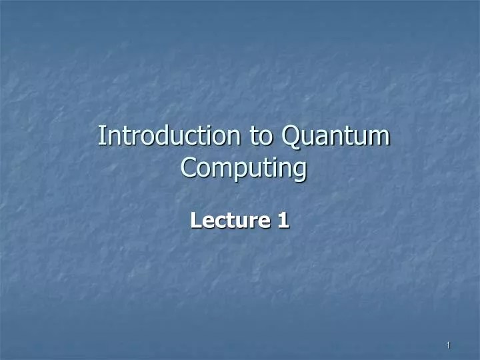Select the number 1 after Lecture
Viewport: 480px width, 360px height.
[x=283, y=219]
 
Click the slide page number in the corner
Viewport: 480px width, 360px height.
[x=449, y=345]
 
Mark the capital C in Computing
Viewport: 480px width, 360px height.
[x=189, y=169]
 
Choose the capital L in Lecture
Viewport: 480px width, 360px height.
[x=195, y=219]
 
